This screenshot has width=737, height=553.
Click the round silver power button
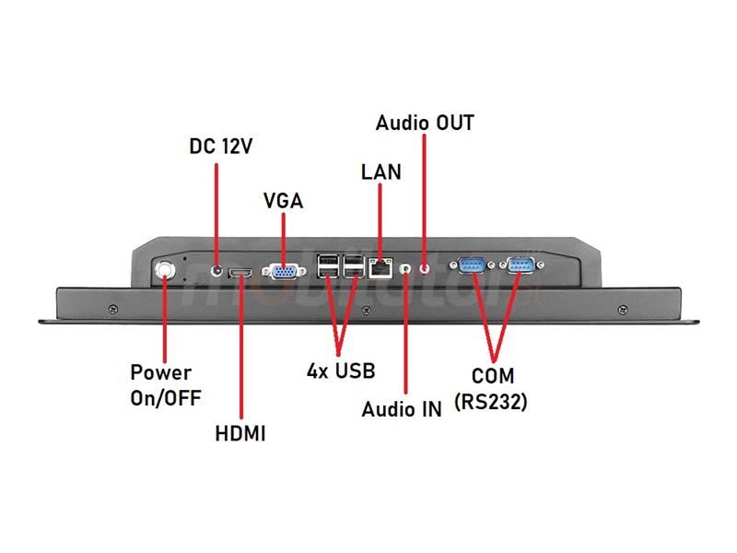click(165, 270)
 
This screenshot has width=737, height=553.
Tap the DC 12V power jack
click(216, 270)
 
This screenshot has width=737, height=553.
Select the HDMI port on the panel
click(240, 273)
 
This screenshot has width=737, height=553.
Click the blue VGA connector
click(284, 272)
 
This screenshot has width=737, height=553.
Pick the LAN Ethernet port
click(380, 268)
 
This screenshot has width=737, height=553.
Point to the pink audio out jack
click(425, 269)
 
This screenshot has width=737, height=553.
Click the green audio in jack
click(405, 269)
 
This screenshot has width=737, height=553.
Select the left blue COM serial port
click(472, 265)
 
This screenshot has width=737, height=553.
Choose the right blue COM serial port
click(521, 265)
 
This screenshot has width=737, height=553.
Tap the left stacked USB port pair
click(328, 266)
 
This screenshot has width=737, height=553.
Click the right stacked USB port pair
click(354, 266)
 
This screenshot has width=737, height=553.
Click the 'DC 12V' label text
click(220, 147)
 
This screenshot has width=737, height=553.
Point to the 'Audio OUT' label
click(425, 123)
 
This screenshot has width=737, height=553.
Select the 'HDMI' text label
click(240, 433)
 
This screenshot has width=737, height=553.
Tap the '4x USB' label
click(341, 371)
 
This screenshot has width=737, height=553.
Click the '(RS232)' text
click(491, 402)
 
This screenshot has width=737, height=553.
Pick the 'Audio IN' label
click(402, 409)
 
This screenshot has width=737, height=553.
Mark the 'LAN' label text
click(381, 172)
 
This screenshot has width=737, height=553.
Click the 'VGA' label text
click(284, 201)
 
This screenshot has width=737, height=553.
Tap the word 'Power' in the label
click(160, 373)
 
